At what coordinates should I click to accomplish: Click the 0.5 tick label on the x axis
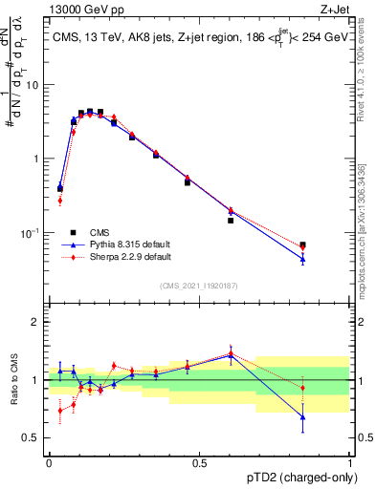pyautogui.click(x=199, y=462)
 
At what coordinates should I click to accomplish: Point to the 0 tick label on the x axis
pyautogui.click(x=49, y=462)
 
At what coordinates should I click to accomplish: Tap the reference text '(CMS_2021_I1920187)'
pyautogui.click(x=198, y=285)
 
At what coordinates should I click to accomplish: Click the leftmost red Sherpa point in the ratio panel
pyautogui.click(x=60, y=411)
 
